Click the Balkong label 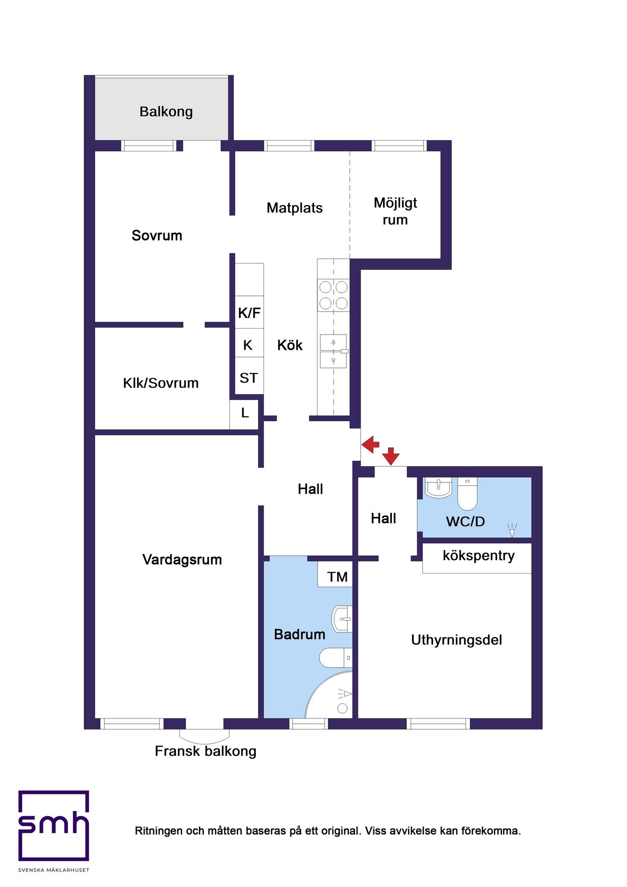[166, 112]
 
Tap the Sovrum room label [157, 236]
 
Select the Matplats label [294, 208]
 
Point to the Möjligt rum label [395, 211]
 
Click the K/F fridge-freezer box [249, 312]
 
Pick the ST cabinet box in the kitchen [249, 378]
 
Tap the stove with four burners [334, 295]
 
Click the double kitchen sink [333, 351]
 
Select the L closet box [244, 413]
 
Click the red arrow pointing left [370, 444]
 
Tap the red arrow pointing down [391, 456]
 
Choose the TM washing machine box [337, 576]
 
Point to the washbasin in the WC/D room [438, 488]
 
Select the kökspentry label [479, 556]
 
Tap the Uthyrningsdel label [457, 640]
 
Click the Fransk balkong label [206, 751]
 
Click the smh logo [54, 826]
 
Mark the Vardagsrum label [182, 560]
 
